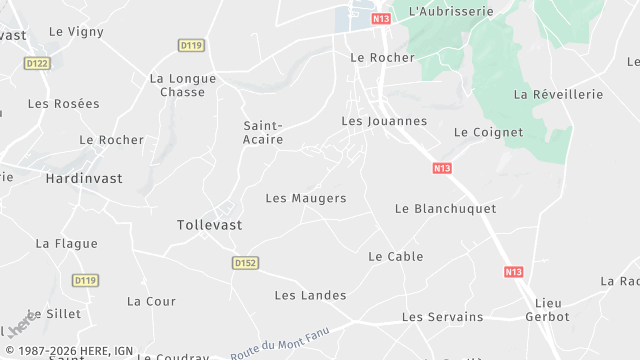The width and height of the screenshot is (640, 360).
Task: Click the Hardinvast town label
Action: pyautogui.click(x=84, y=178)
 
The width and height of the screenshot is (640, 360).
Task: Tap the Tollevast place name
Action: pyautogui.click(x=209, y=225)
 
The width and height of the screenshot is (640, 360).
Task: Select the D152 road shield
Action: pyautogui.click(x=245, y=263)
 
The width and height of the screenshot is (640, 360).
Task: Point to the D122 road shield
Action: pyautogui.click(x=37, y=63)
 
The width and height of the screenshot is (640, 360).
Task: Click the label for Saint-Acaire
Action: pyautogui.click(x=264, y=133)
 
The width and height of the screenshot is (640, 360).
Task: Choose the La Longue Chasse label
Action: pyautogui.click(x=182, y=85)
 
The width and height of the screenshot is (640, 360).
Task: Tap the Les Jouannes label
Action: pyautogui.click(x=384, y=121)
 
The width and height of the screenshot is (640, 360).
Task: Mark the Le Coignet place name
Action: pyautogui.click(x=488, y=132)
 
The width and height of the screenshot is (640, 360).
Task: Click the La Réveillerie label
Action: pyautogui.click(x=558, y=94)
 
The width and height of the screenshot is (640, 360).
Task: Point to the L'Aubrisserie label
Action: pyautogui.click(x=451, y=11)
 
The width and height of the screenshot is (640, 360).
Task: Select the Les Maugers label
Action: pyautogui.click(x=306, y=198)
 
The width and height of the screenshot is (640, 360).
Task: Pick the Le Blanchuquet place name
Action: pyautogui.click(x=445, y=208)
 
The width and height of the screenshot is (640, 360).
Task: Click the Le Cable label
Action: pyautogui.click(x=396, y=256)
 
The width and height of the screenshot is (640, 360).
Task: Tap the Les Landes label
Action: pyautogui.click(x=310, y=295)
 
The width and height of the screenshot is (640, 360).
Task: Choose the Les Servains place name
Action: pyautogui.click(x=442, y=317)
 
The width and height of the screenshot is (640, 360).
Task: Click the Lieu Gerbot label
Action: pyautogui.click(x=548, y=310)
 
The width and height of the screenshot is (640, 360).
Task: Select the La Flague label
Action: pyautogui.click(x=67, y=243)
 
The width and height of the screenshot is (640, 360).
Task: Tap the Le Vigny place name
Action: pyautogui.click(x=76, y=31)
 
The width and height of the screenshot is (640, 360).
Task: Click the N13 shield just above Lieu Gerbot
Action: pyautogui.click(x=513, y=272)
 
